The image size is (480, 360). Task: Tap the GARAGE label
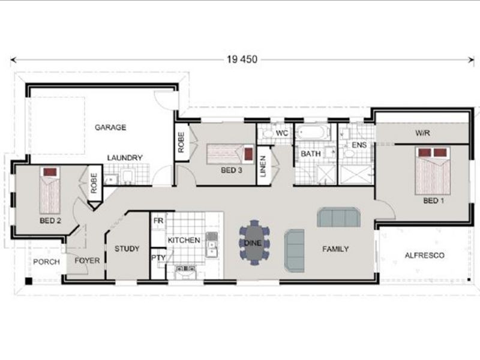click(x=110, y=127)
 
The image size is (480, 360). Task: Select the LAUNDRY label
click(x=125, y=158)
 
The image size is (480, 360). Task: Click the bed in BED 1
click(x=433, y=170)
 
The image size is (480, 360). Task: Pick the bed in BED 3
click(x=230, y=154)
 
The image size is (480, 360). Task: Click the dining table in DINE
click(x=254, y=242)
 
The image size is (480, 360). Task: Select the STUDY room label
click(x=127, y=248)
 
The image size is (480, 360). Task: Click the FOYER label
click(x=86, y=260)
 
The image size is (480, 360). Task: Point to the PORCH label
click(x=46, y=262)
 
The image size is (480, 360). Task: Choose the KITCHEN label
click(x=184, y=240)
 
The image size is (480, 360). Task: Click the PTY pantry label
click(x=158, y=258)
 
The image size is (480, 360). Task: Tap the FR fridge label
click(x=158, y=221)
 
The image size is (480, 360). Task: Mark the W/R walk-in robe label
click(x=423, y=133)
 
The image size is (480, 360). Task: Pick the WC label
click(x=281, y=133)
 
